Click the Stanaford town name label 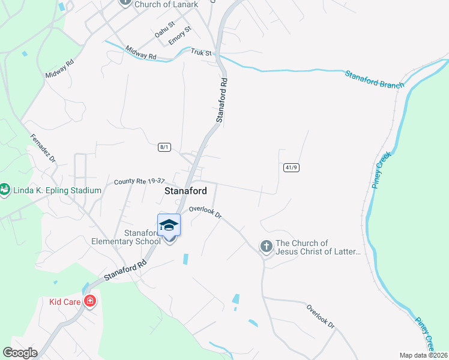point(185,191)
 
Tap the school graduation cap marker point(169,225)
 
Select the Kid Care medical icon point(90,301)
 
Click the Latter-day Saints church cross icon point(266,246)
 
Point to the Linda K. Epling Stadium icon point(4,190)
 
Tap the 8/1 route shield point(164,147)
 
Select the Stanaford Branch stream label point(375,79)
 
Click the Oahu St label point(164,28)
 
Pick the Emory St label point(179,34)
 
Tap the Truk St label point(202,53)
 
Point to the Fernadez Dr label point(43,148)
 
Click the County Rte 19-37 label point(139,181)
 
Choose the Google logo point(20,353)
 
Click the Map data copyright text point(423,355)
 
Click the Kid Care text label point(65,301)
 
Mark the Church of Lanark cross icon point(125,2)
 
